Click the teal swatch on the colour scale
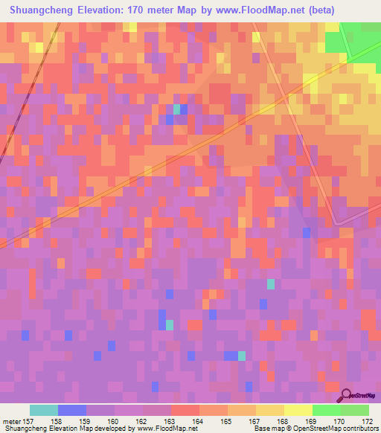44,410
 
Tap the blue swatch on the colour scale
72,410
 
